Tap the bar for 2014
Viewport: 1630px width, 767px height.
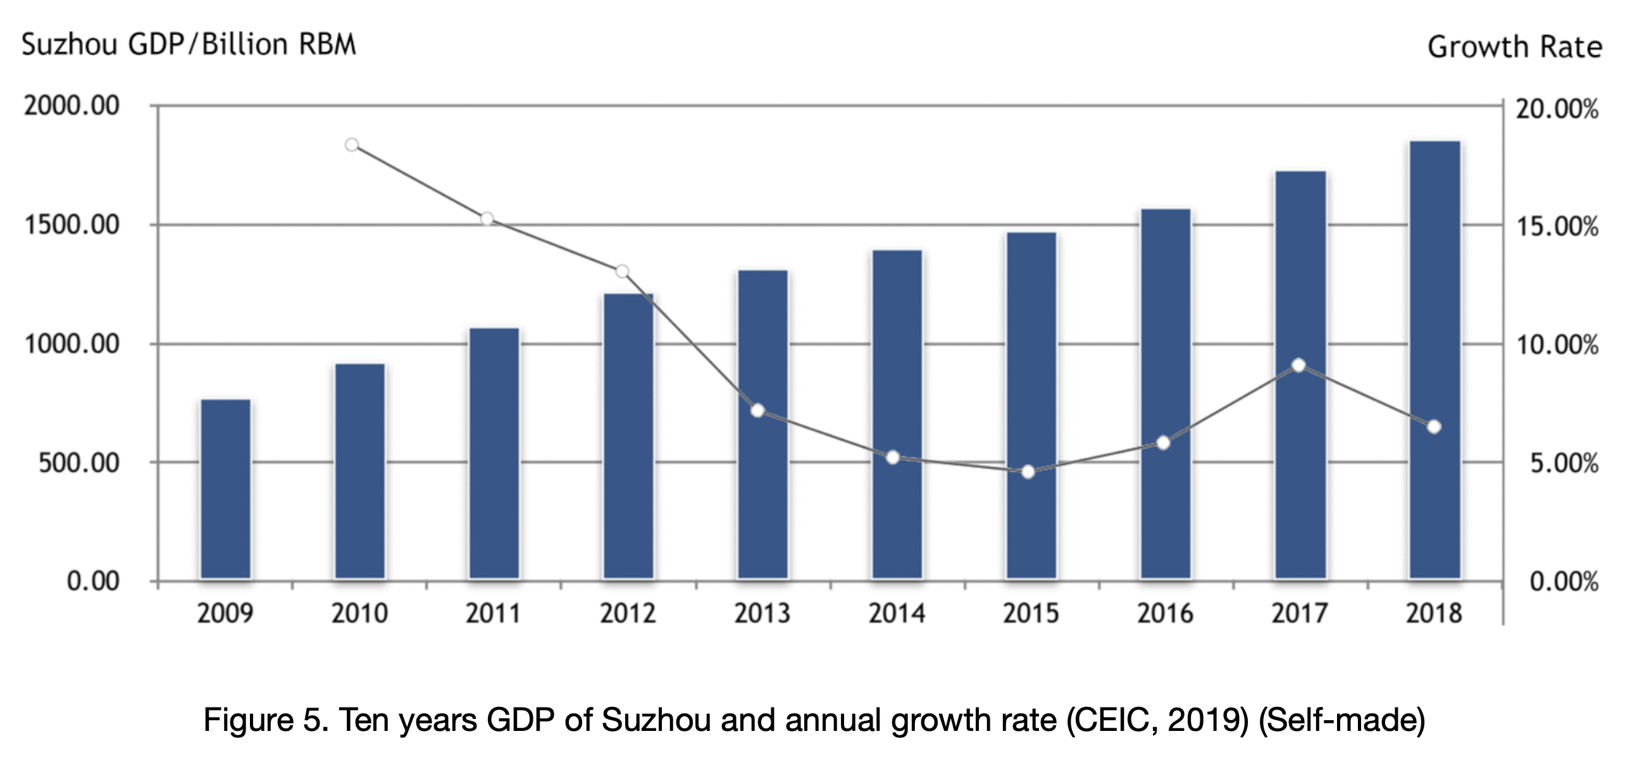(x=897, y=415)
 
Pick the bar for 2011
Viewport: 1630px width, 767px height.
(x=494, y=453)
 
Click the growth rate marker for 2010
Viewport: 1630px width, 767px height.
(x=352, y=145)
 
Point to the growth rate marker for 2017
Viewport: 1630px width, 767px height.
(x=1298, y=365)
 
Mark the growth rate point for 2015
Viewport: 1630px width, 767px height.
(x=1028, y=472)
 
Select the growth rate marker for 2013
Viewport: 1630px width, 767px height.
(x=757, y=411)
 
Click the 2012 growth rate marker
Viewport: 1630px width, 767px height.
(x=622, y=271)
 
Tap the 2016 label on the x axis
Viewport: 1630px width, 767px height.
(x=1165, y=613)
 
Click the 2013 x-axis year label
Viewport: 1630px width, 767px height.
(x=762, y=613)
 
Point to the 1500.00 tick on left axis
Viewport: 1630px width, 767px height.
(x=72, y=225)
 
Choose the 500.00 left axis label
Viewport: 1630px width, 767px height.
(x=78, y=463)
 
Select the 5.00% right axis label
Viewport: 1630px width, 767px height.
(x=1564, y=464)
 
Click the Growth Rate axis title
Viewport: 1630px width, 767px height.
(x=1514, y=47)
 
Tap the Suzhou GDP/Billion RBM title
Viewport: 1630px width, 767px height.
(x=189, y=45)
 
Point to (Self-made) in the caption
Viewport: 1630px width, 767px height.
(x=1342, y=720)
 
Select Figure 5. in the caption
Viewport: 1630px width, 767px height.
(x=266, y=720)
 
